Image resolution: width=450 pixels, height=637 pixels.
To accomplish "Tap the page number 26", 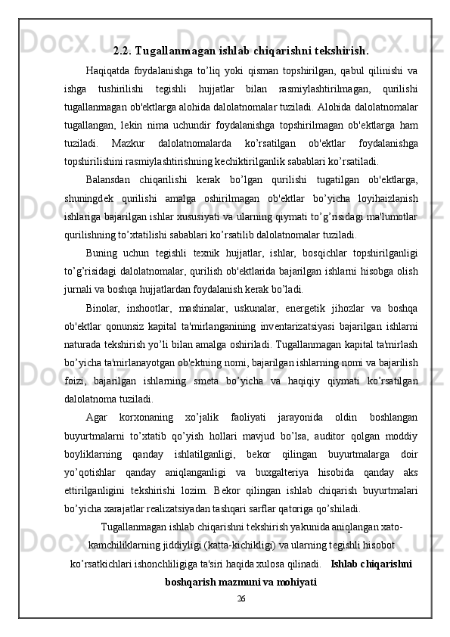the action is pyautogui.click(x=241, y=598).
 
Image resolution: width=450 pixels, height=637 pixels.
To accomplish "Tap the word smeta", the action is pyautogui.click(x=209, y=379).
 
